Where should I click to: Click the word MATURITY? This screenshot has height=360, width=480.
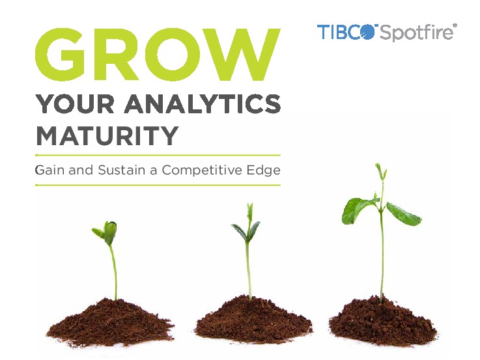[107, 135]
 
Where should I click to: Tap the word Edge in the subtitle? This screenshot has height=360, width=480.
[262, 171]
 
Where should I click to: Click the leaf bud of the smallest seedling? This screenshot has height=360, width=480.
[109, 232]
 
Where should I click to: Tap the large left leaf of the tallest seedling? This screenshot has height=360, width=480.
[357, 210]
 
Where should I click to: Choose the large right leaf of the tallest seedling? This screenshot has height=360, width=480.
[404, 214]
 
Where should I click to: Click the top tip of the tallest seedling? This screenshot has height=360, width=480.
[379, 170]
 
